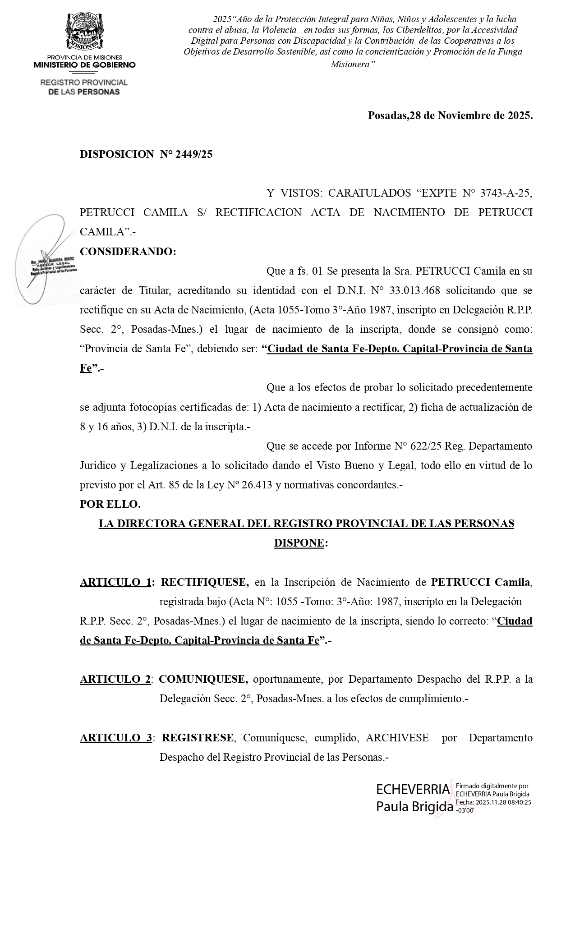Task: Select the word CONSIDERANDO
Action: pos(128,252)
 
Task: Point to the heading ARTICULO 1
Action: pos(115,582)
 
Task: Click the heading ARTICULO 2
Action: pos(115,679)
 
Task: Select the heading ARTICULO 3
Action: pos(116,738)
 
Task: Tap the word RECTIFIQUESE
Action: pos(205,582)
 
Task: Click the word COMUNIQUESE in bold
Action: pos(203,679)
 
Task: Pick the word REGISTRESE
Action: pos(198,738)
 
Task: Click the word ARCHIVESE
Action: pos(397,738)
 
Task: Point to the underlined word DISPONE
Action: pos(299,543)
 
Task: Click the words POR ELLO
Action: pos(110,504)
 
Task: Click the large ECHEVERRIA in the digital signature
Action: pos(413,789)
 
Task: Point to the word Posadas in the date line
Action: pos(388,115)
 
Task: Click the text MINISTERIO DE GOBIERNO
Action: pos(84,65)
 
